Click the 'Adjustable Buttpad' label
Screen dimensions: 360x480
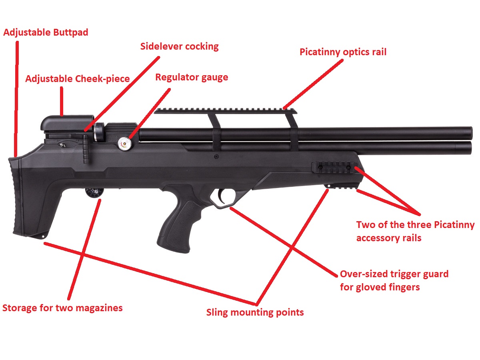[46, 32]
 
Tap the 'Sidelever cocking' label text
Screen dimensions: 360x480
[179, 46]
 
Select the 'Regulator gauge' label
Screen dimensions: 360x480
[192, 77]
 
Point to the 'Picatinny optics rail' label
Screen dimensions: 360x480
[343, 52]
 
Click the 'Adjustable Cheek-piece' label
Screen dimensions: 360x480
[77, 78]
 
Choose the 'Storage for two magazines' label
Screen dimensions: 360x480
[62, 308]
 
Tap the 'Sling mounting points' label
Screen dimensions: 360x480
[255, 312]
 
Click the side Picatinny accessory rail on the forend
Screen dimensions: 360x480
[334, 167]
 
